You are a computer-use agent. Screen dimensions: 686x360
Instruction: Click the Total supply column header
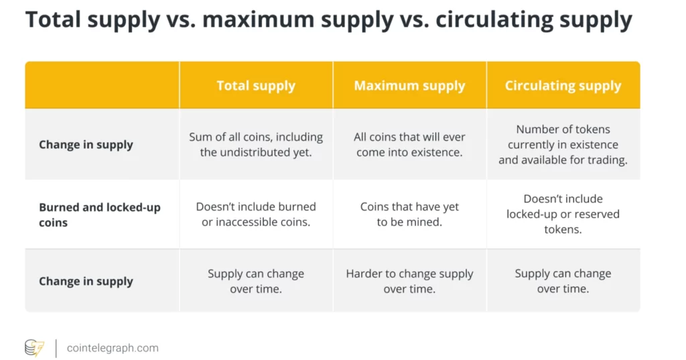click(x=256, y=85)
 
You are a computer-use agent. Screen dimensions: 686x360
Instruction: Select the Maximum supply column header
click(x=409, y=85)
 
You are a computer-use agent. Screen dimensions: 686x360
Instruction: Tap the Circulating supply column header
click(x=563, y=85)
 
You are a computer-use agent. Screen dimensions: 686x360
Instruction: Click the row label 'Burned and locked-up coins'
click(x=100, y=215)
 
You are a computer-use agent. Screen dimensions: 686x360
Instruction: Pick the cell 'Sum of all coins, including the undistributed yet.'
click(x=256, y=145)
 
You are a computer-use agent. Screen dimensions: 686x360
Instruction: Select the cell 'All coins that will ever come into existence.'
click(x=409, y=145)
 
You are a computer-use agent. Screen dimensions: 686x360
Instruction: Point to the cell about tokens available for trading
click(x=563, y=145)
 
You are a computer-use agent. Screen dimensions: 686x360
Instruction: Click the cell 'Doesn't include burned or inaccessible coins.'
click(x=256, y=214)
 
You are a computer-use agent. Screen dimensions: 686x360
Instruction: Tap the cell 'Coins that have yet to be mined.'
click(x=409, y=214)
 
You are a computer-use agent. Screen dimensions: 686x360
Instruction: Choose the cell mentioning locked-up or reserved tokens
click(x=563, y=214)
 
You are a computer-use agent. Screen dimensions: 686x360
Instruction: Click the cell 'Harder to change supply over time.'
click(x=409, y=281)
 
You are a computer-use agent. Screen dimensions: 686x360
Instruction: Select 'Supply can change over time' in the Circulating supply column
click(x=563, y=281)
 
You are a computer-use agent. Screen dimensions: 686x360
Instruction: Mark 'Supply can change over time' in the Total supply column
click(x=256, y=281)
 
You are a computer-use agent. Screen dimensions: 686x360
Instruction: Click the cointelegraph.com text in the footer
click(x=113, y=348)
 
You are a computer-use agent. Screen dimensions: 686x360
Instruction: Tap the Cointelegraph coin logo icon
click(x=35, y=348)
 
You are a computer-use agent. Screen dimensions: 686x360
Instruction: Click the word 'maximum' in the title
click(x=258, y=19)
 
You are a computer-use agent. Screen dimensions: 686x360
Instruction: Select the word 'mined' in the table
click(x=423, y=222)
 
